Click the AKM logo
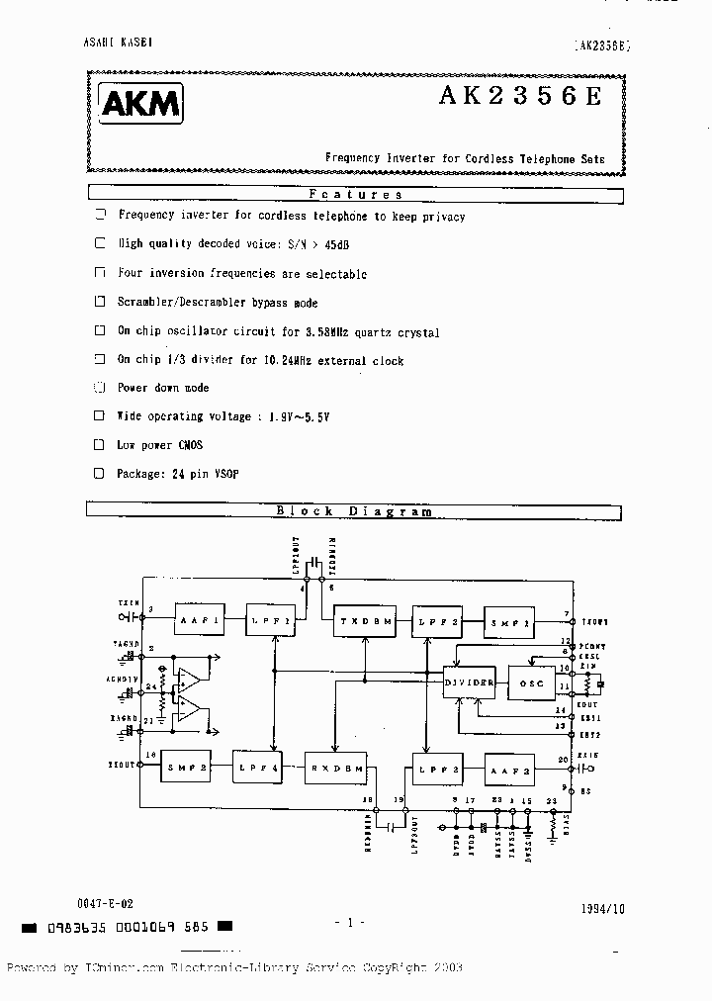[x=140, y=103]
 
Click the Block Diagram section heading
[x=354, y=511]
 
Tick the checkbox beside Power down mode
[x=99, y=388]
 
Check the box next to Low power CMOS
[x=99, y=445]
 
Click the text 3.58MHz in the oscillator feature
[x=322, y=332]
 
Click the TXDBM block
[x=364, y=620]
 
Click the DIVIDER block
[x=469, y=682]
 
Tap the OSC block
[x=532, y=682]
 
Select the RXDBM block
[x=334, y=768]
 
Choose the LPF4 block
[x=259, y=768]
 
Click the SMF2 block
[x=189, y=768]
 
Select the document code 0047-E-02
[x=103, y=905]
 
